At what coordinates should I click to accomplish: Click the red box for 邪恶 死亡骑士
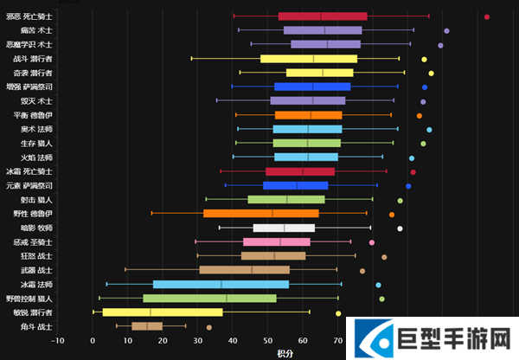point(323,16)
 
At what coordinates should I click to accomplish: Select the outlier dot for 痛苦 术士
point(446,30)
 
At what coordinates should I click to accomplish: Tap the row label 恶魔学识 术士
point(29,44)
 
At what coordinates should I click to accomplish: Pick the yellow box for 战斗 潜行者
point(309,59)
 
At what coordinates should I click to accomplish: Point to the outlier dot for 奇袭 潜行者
point(431,73)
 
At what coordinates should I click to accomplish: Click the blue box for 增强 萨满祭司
point(312,87)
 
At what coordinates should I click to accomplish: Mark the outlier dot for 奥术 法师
point(429,130)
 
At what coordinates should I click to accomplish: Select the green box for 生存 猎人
point(307,143)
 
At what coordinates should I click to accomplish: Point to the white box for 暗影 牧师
point(284,228)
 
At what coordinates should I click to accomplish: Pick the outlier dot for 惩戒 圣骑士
point(372,242)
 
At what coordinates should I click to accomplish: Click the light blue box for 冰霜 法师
point(221,285)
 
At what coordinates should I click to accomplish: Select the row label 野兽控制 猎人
point(29,299)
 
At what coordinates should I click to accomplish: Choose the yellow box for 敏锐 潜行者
point(162,312)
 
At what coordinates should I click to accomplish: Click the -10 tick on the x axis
point(57,340)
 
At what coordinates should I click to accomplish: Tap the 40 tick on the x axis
point(233,340)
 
